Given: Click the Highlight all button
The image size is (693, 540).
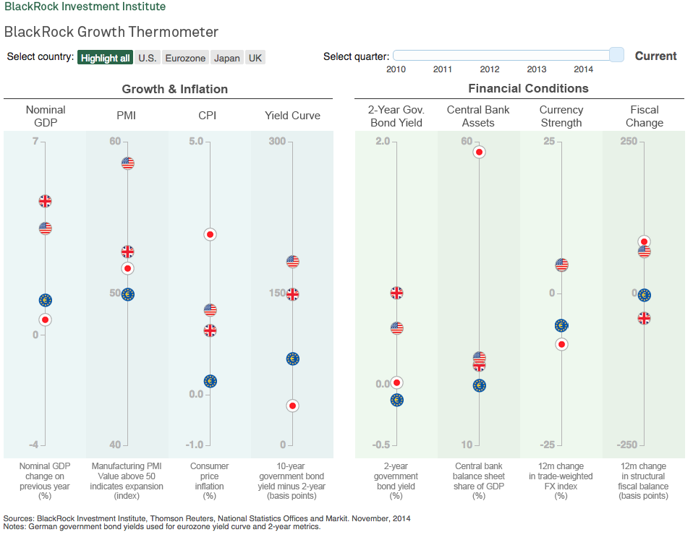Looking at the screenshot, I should point(105,58).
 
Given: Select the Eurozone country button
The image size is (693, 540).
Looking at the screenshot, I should point(185,58).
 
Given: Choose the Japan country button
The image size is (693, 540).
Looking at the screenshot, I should point(227,58).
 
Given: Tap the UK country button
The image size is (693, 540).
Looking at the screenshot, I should point(255,58).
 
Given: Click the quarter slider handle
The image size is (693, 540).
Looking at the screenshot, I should point(616,55).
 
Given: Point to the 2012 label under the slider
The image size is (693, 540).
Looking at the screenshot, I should point(490,69).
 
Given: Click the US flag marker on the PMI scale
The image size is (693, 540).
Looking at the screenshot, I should point(127,163).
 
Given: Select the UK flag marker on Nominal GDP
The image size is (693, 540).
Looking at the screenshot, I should point(45,201).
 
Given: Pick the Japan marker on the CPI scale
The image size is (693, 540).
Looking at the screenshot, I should point(210,234).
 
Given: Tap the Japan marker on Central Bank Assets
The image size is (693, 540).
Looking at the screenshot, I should point(479,152).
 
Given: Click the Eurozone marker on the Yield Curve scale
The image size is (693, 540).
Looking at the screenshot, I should point(292,359).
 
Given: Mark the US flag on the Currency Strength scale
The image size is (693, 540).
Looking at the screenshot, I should point(561,265).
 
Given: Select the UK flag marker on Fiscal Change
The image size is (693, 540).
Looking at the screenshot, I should point(644,318).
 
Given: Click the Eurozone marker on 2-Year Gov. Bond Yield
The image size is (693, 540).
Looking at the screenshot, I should point(396,400).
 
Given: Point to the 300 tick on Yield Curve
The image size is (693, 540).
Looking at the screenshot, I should point(277,141).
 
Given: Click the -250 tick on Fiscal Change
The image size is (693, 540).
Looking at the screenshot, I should point(627,445).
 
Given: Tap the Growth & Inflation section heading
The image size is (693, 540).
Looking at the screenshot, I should point(174,89).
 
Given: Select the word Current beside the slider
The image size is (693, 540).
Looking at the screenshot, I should point(655,56).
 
